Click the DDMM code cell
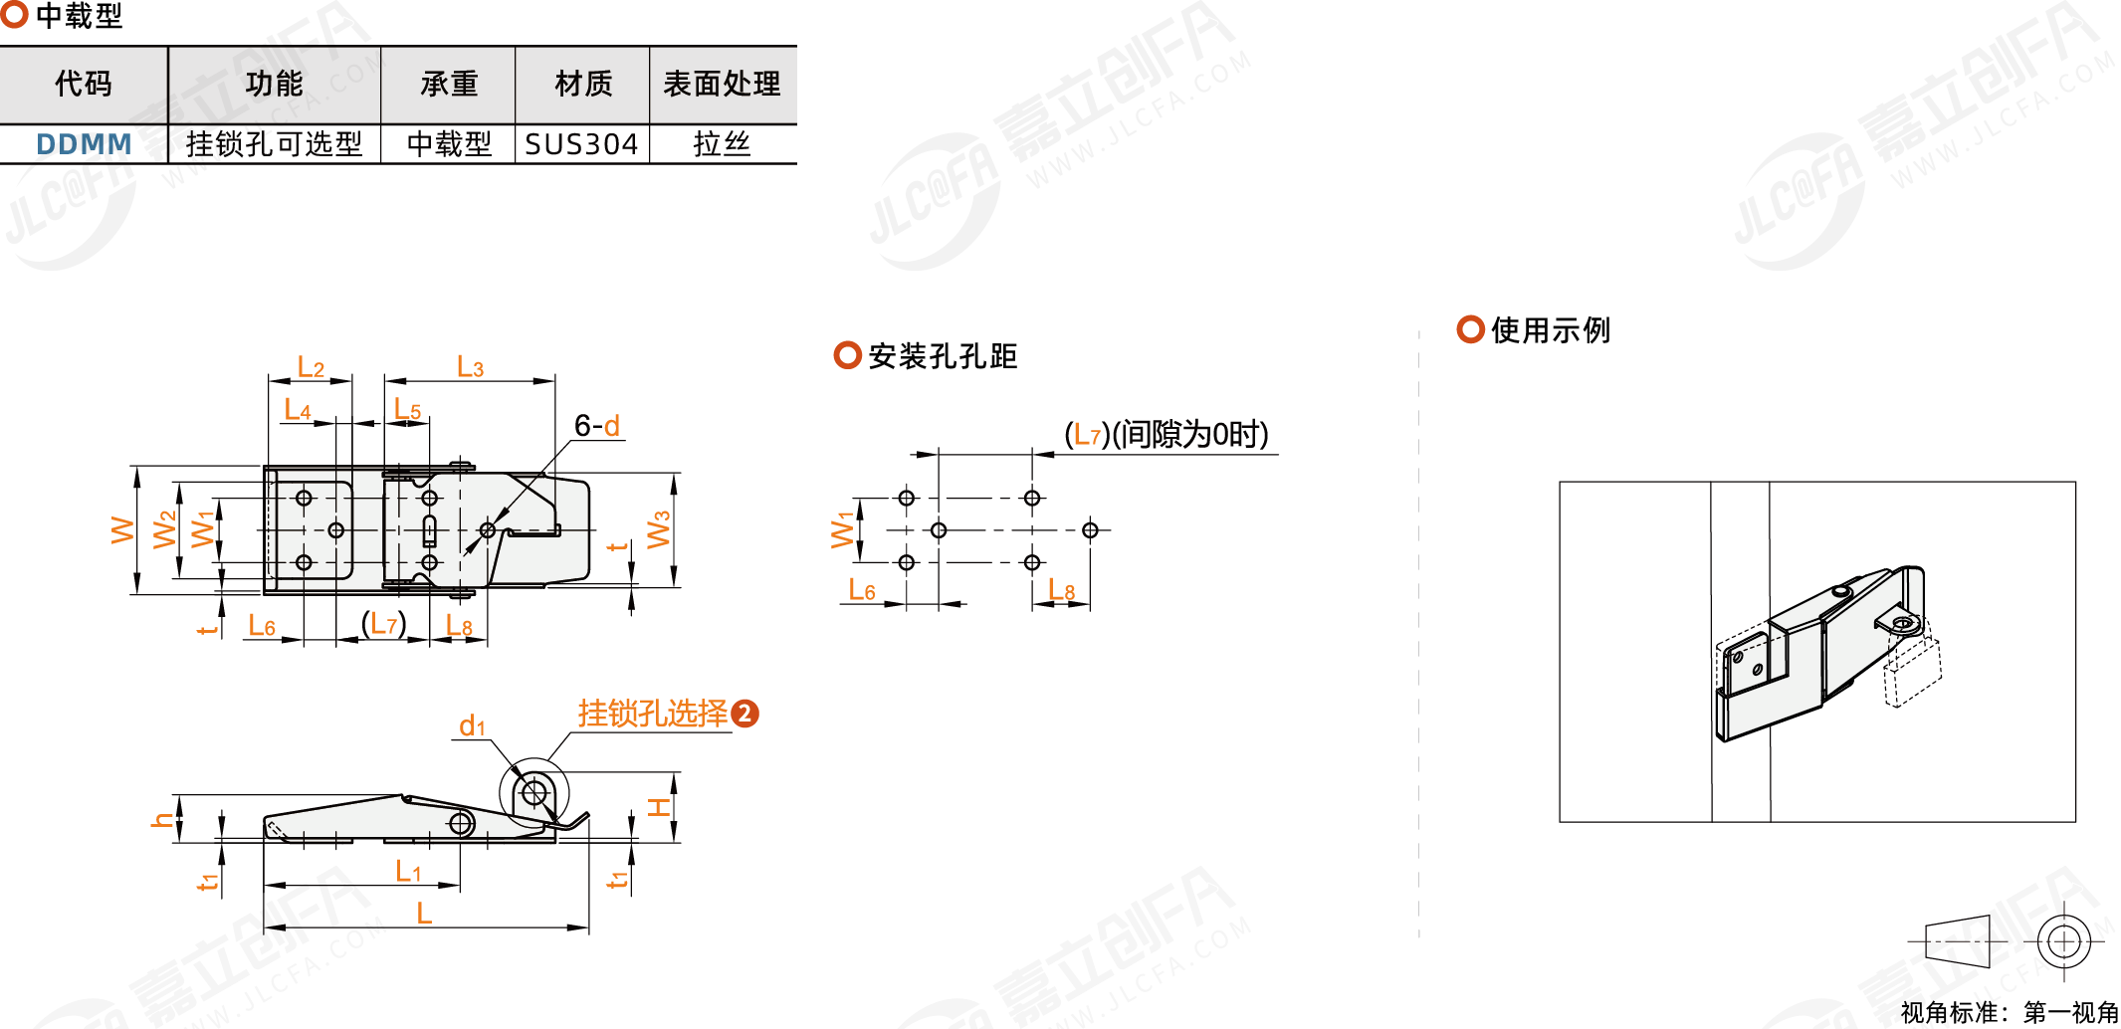click(x=84, y=144)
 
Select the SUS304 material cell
click(x=581, y=144)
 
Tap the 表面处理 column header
click(x=722, y=84)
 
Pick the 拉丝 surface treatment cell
click(x=722, y=144)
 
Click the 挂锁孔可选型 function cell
click(x=274, y=144)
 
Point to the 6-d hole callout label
click(x=597, y=426)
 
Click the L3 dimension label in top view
click(x=470, y=367)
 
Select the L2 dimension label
click(x=311, y=367)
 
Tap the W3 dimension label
click(x=658, y=530)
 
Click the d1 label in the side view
click(x=472, y=726)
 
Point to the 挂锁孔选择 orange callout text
click(x=653, y=714)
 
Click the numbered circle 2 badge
click(x=744, y=714)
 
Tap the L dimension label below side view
click(x=424, y=913)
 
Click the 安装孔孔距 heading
click(x=942, y=356)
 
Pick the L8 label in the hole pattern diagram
click(x=1061, y=590)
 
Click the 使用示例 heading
click(x=1550, y=330)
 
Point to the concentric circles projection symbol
click(x=2063, y=940)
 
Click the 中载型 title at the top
click(x=79, y=16)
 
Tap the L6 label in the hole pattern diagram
click(x=861, y=590)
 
